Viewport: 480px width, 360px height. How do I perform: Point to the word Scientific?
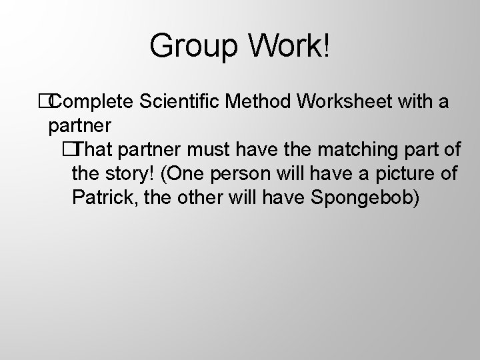click(x=181, y=102)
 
